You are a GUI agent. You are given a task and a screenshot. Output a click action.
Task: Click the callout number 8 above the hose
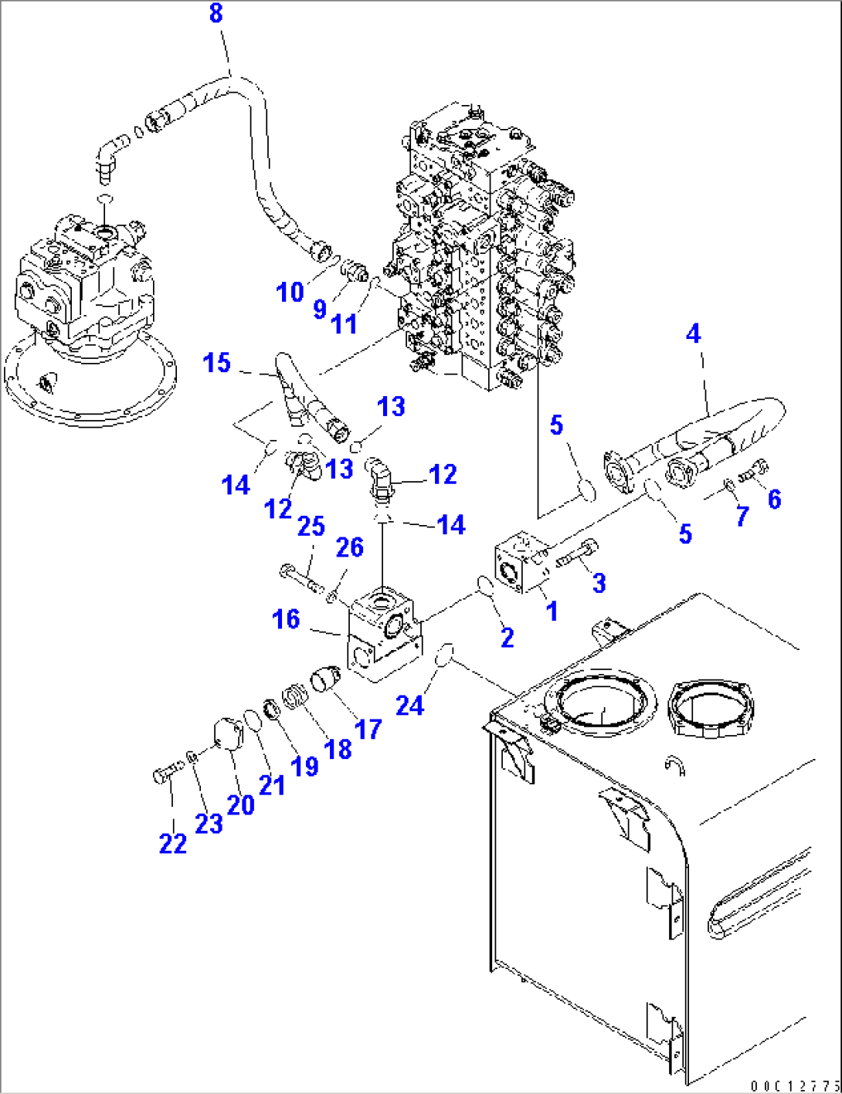pos(216,13)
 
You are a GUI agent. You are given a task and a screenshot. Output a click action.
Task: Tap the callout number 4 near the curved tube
pos(694,334)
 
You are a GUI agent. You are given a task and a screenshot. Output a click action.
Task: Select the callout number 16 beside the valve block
pos(286,619)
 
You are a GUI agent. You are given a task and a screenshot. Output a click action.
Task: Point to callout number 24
pos(409,705)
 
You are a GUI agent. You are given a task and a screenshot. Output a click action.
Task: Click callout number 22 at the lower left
pos(173,844)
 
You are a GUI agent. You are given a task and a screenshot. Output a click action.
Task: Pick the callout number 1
pos(552,611)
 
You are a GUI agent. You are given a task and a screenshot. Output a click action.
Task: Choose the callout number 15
pos(217,363)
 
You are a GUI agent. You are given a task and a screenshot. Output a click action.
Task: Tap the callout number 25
pos(311,527)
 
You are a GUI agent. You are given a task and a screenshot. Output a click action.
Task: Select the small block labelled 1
pos(521,566)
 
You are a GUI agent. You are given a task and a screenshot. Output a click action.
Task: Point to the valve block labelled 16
pos(382,634)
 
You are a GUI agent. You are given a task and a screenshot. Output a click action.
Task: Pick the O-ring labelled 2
pos(486,586)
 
